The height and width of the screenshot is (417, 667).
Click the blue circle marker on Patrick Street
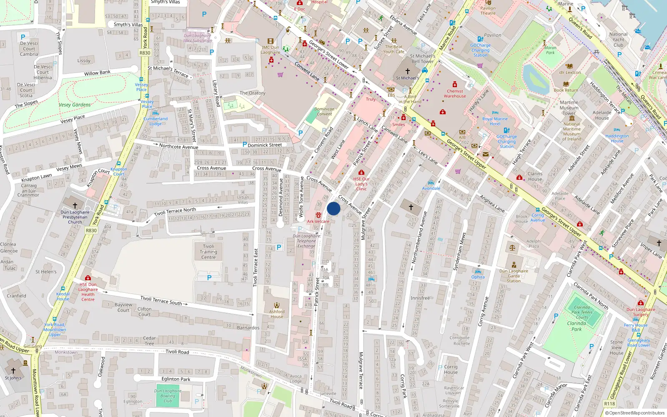333,208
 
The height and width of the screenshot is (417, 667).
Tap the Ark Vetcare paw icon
318,215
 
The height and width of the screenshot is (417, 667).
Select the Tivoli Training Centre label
208,252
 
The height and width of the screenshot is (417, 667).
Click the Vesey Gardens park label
75,105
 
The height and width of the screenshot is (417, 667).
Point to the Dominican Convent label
324,111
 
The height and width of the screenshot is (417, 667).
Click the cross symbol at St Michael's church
408,71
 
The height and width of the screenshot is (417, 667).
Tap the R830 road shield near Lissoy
145,53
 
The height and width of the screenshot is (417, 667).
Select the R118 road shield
609,404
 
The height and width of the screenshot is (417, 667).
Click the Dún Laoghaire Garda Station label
514,276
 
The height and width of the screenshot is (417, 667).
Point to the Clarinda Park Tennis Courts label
582,312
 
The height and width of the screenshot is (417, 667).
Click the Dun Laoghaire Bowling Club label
168,396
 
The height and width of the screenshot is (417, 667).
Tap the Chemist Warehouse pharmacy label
455,93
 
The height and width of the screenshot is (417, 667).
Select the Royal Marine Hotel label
495,121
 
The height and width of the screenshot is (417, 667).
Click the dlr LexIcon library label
570,73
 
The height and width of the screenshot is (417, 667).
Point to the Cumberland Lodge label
155,121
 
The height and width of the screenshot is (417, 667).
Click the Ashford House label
276,314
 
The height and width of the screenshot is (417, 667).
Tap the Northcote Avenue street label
178,146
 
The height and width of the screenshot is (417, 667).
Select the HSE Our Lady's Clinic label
361,183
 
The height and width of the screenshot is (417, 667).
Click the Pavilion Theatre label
488,10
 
